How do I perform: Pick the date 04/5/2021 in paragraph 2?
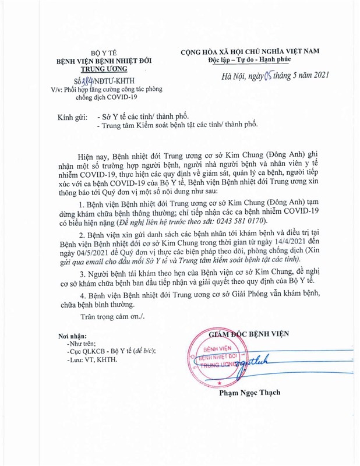click(79, 266)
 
